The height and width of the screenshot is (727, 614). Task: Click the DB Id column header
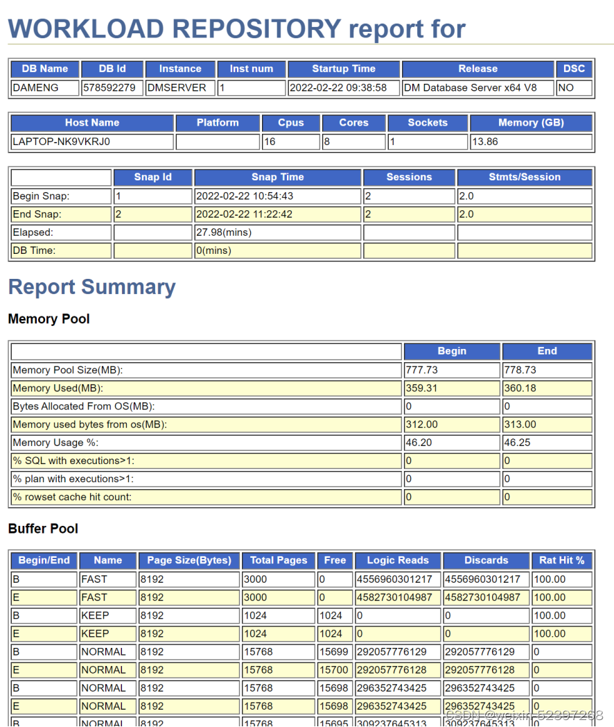pos(112,69)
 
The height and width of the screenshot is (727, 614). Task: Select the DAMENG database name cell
pos(35,87)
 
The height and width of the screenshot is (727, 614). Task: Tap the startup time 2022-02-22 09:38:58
pos(337,87)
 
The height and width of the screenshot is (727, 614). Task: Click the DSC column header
pos(574,69)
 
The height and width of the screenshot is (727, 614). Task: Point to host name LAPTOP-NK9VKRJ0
pos(62,142)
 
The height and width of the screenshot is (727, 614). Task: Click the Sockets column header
pos(428,123)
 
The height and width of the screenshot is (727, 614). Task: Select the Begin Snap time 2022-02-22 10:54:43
pos(245,196)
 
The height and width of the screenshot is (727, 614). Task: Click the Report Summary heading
pos(91,287)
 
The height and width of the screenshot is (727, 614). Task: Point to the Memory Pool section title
pos(49,319)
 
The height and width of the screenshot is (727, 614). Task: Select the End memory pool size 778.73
pos(520,370)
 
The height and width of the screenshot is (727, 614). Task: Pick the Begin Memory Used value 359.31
pos(422,388)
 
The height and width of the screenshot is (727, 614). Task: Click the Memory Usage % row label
pos(55,442)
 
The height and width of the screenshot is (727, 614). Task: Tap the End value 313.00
pos(520,424)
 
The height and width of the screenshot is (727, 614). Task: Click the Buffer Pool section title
pos(43,529)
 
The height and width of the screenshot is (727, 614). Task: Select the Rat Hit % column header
pos(561,561)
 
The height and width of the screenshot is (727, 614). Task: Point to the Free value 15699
pos(331,651)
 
